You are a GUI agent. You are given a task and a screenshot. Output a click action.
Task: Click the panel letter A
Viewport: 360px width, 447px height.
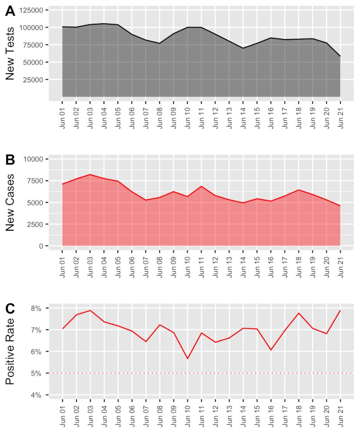[10, 12]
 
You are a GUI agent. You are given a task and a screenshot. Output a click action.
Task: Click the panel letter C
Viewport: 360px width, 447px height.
[10, 309]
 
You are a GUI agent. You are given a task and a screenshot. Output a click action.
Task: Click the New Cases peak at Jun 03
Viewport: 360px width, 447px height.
[90, 174]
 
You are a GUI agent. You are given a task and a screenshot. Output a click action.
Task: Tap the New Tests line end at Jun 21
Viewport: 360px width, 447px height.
[340, 56]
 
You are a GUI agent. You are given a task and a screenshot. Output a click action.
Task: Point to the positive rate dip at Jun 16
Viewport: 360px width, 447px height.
[271, 349]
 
